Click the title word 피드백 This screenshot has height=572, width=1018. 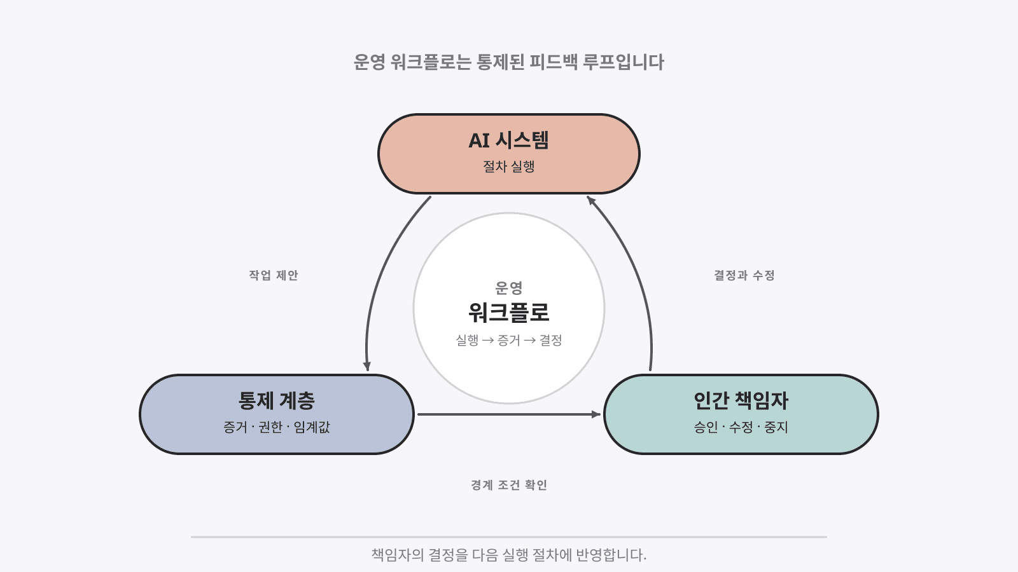tap(553, 62)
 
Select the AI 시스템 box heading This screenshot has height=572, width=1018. tap(508, 140)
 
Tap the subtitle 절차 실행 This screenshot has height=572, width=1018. tap(508, 166)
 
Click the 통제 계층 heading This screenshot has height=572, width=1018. tap(277, 400)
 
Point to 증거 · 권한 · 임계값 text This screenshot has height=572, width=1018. tap(276, 426)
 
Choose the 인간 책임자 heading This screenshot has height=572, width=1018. tap(741, 400)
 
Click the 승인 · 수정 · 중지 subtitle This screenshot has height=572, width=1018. tap(741, 426)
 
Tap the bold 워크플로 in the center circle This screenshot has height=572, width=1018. tap(508, 312)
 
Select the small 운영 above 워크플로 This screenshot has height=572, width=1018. tap(508, 287)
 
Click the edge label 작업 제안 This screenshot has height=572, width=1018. tap(273, 275)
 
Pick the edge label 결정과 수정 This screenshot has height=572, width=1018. tap(744, 275)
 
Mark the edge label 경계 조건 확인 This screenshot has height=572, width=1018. tap(508, 485)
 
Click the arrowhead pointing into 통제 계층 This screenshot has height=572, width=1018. tap(367, 366)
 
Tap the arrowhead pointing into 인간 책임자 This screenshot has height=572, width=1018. tap(596, 414)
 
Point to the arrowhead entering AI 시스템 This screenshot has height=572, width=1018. tap(591, 200)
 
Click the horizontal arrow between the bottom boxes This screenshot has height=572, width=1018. tap(509, 414)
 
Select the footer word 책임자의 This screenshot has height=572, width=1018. tap(398, 555)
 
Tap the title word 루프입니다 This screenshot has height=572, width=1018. tap(623, 62)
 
